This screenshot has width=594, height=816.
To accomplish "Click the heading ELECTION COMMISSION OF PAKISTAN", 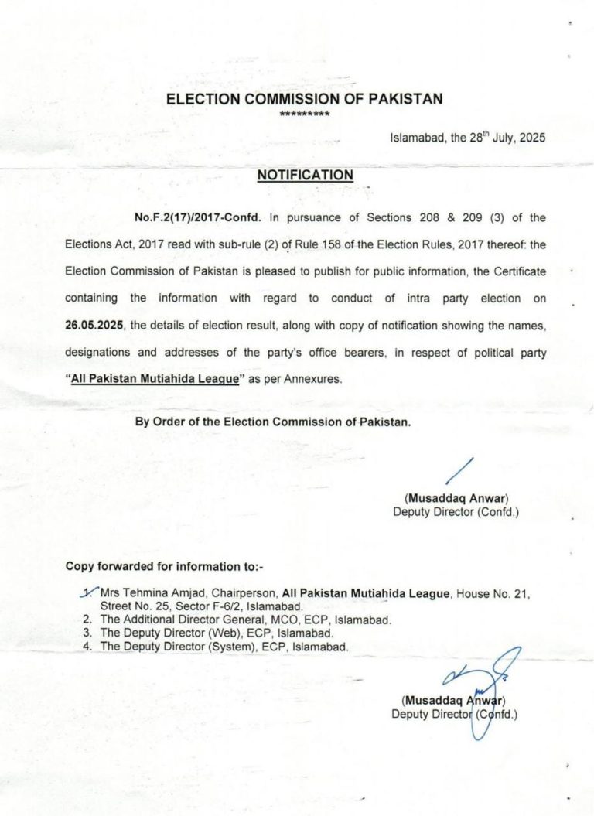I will tap(305, 99).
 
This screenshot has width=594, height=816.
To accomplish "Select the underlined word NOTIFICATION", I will tap(305, 176).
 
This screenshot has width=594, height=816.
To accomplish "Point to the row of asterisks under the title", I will tap(305, 114).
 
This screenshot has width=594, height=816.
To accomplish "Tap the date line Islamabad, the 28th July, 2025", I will tap(467, 138).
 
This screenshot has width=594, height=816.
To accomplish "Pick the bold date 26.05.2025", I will tap(97, 326).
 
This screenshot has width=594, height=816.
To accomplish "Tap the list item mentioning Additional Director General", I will tap(246, 620).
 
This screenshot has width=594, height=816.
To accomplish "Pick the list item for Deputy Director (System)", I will tap(224, 646).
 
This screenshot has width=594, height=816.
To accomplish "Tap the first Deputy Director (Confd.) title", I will tap(456, 511).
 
